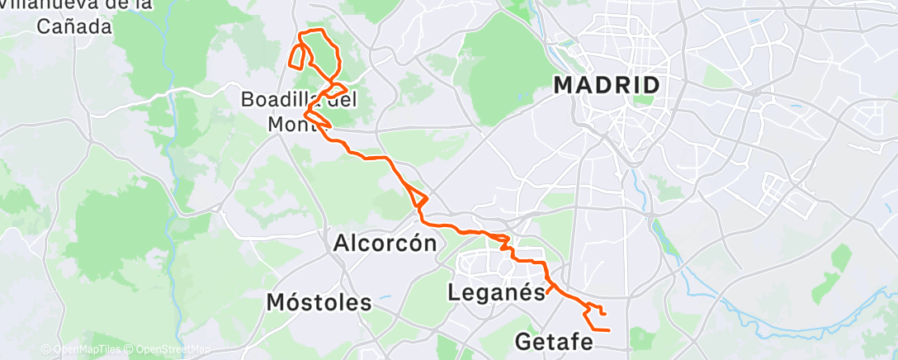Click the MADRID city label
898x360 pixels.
pyautogui.click(x=607, y=85)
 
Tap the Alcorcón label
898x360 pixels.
pyautogui.click(x=384, y=243)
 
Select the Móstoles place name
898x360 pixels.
pyautogui.click(x=319, y=303)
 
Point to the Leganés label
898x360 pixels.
pyautogui.click(x=496, y=291)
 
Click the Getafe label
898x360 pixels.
pyautogui.click(x=553, y=340)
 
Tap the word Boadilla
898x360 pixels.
pyautogui.click(x=272, y=100)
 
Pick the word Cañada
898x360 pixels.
pyautogui.click(x=74, y=27)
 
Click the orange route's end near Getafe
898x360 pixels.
pyautogui.click(x=608, y=330)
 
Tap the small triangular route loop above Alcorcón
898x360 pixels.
pyautogui.click(x=419, y=199)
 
